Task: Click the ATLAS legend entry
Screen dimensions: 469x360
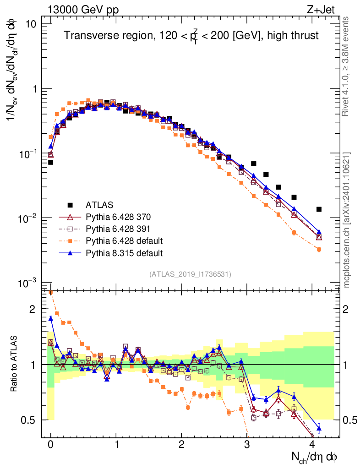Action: pos(99,205)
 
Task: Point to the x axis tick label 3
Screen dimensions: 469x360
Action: pos(247,445)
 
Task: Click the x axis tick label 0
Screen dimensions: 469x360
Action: pos(50,445)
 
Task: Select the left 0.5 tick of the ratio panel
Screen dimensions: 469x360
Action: pos(32,420)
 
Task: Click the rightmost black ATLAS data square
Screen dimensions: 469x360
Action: pos(319,209)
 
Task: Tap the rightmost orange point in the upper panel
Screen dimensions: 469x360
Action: pos(319,250)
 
